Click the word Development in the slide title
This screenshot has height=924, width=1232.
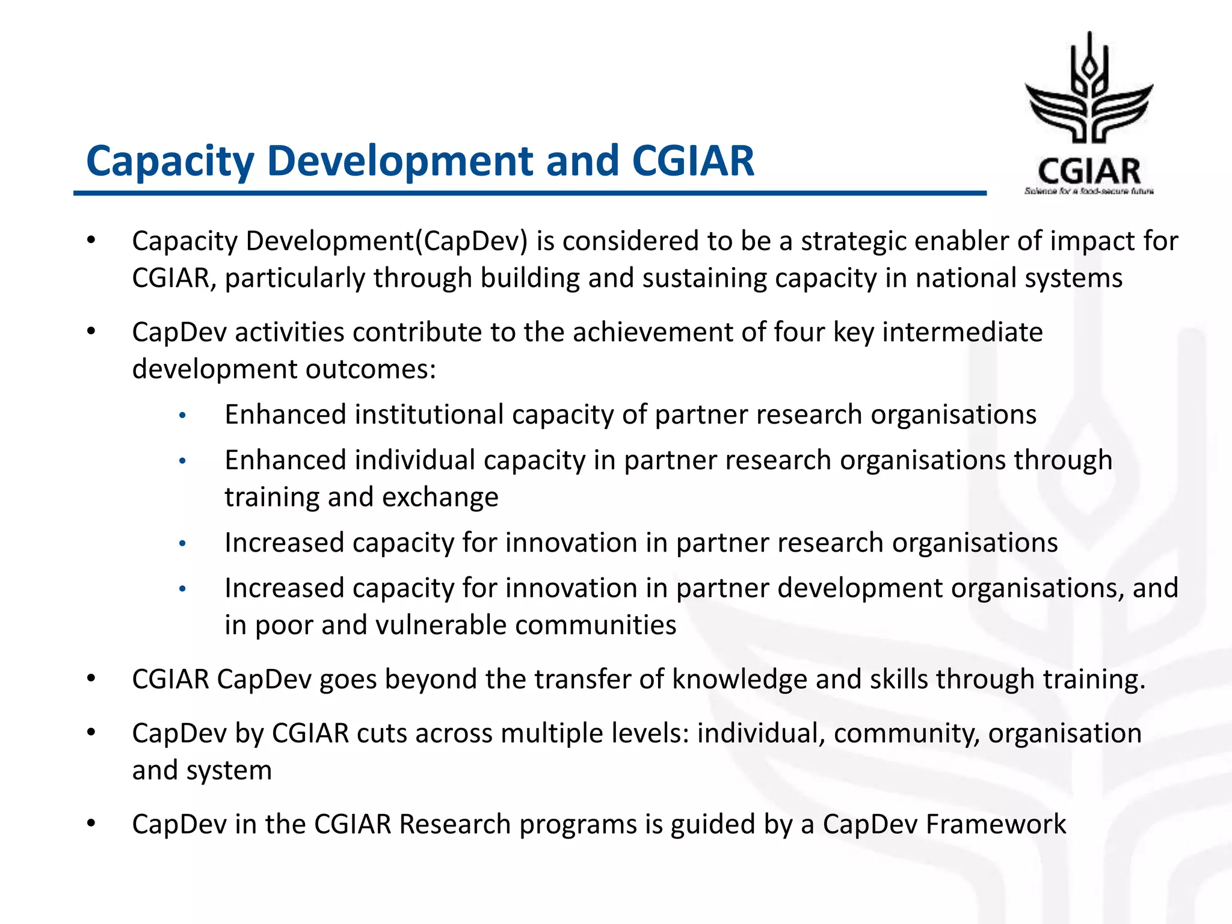(x=399, y=161)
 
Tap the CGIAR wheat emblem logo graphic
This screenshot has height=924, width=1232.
(x=1089, y=90)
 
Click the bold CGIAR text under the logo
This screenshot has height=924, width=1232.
(x=1089, y=171)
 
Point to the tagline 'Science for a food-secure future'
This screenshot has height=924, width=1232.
(x=1089, y=191)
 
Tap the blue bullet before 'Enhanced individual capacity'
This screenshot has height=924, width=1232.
(x=183, y=461)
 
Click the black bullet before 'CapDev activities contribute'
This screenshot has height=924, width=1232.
(x=91, y=331)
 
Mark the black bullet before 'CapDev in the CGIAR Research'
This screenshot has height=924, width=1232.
(x=91, y=824)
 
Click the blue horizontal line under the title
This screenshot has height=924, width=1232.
(x=529, y=193)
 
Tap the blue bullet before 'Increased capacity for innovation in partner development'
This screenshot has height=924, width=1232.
(x=183, y=589)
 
